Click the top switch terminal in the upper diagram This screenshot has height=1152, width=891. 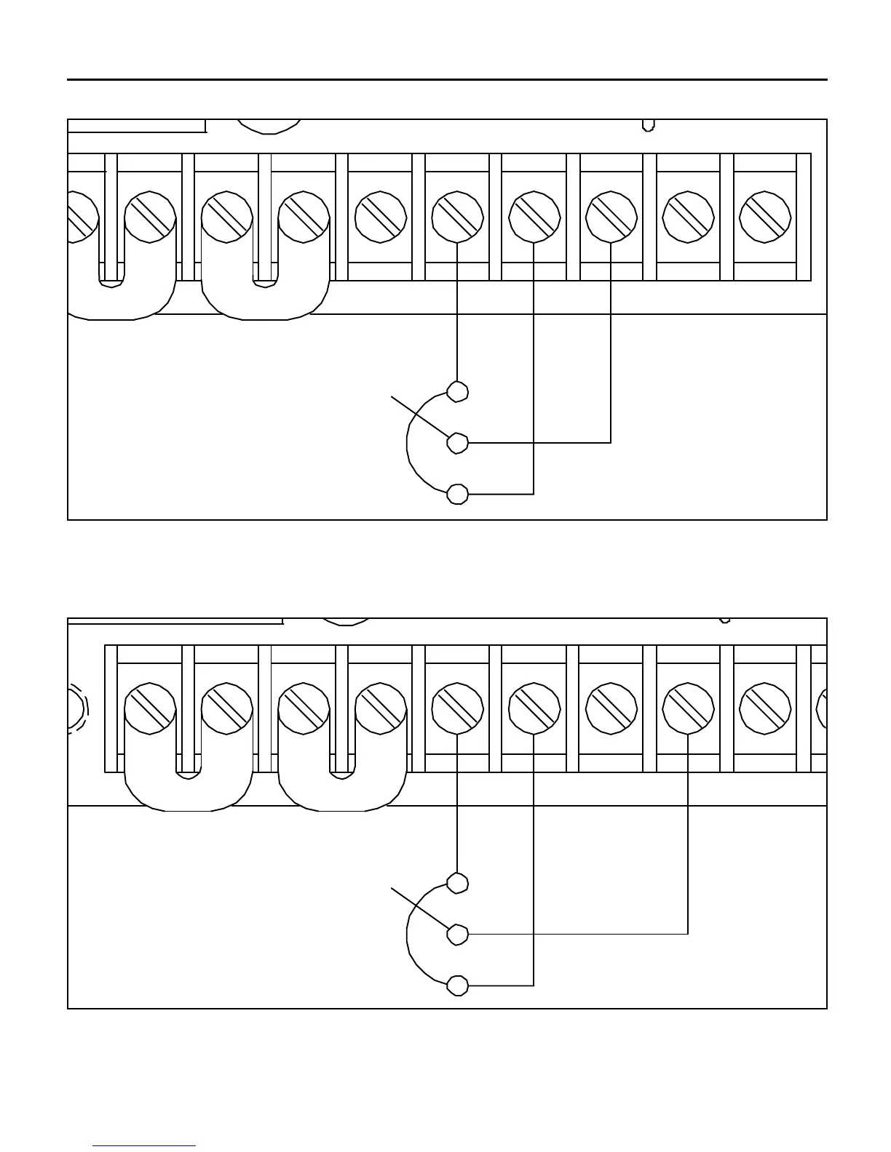457,391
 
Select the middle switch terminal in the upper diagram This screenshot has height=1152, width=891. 457,442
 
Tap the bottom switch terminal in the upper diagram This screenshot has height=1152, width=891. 457,494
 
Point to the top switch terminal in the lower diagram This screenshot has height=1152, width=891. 457,883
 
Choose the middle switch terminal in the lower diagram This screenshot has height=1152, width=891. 457,934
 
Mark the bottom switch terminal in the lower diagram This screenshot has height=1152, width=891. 457,985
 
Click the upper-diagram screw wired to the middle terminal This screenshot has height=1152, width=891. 611,217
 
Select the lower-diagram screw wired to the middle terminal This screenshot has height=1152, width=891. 688,708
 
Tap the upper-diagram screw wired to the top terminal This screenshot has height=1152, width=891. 457,217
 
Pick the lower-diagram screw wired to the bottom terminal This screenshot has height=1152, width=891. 534,708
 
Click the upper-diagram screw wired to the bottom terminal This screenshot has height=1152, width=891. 534,217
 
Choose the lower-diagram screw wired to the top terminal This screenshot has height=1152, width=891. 457,708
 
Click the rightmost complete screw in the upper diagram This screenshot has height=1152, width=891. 765,217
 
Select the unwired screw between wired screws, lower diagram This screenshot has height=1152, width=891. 611,708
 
